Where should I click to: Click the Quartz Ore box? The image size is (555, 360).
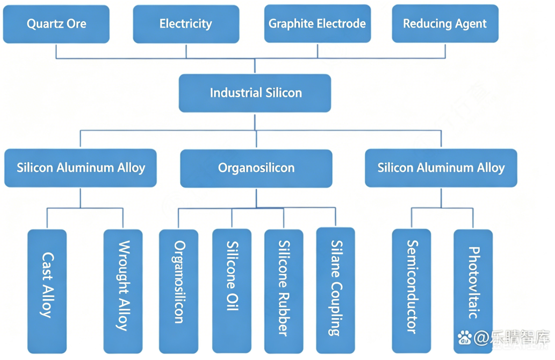[x=56, y=24]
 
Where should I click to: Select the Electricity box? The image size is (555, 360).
[x=186, y=24]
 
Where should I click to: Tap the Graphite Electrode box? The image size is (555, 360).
[x=318, y=24]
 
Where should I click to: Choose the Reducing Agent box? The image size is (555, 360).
[x=445, y=24]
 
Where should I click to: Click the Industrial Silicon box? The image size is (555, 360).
[x=255, y=93]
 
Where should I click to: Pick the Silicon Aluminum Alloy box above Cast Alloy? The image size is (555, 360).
[x=80, y=168]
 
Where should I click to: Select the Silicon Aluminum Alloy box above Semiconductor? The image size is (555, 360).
[x=441, y=168]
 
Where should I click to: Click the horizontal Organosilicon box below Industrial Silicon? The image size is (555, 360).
[x=256, y=169]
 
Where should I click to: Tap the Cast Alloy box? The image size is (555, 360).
[x=47, y=291]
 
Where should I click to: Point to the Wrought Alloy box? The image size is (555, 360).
[x=123, y=291]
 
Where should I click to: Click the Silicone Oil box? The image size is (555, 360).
[x=232, y=291]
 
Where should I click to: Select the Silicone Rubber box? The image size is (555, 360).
[x=284, y=291]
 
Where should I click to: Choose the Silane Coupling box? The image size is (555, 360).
[x=336, y=290]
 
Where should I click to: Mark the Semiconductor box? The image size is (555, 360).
[x=411, y=291]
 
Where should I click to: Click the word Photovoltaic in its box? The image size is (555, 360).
[x=474, y=283]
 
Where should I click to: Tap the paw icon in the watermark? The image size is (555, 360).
[x=465, y=337]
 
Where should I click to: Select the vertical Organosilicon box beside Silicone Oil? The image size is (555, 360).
[x=179, y=291]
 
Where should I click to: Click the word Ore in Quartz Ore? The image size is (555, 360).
[x=76, y=24]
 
